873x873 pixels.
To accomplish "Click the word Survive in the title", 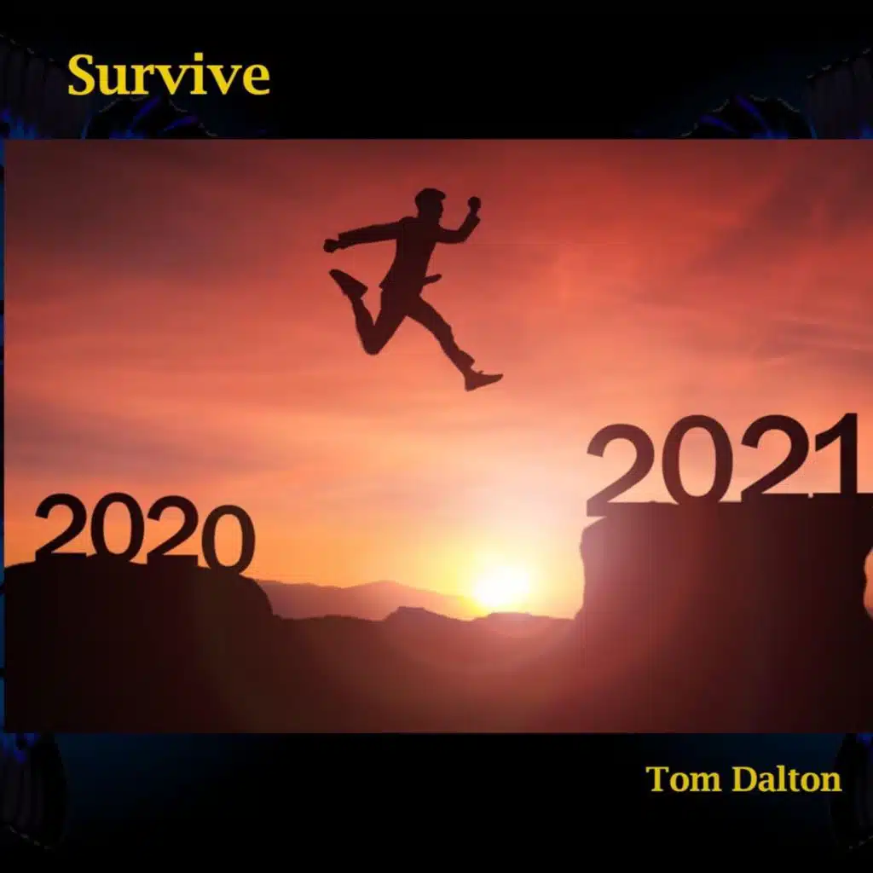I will click(x=169, y=76).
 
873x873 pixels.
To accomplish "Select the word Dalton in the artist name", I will click(x=789, y=778).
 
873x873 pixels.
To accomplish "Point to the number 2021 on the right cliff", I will click(x=723, y=460).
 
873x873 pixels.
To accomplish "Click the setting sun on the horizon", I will click(x=501, y=587).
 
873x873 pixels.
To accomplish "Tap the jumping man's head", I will click(x=430, y=204).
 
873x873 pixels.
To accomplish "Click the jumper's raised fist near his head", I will click(x=473, y=204).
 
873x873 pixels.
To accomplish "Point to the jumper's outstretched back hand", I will click(x=331, y=246).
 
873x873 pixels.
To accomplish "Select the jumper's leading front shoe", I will click(x=483, y=379).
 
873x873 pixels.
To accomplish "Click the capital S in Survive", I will click(x=84, y=76).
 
